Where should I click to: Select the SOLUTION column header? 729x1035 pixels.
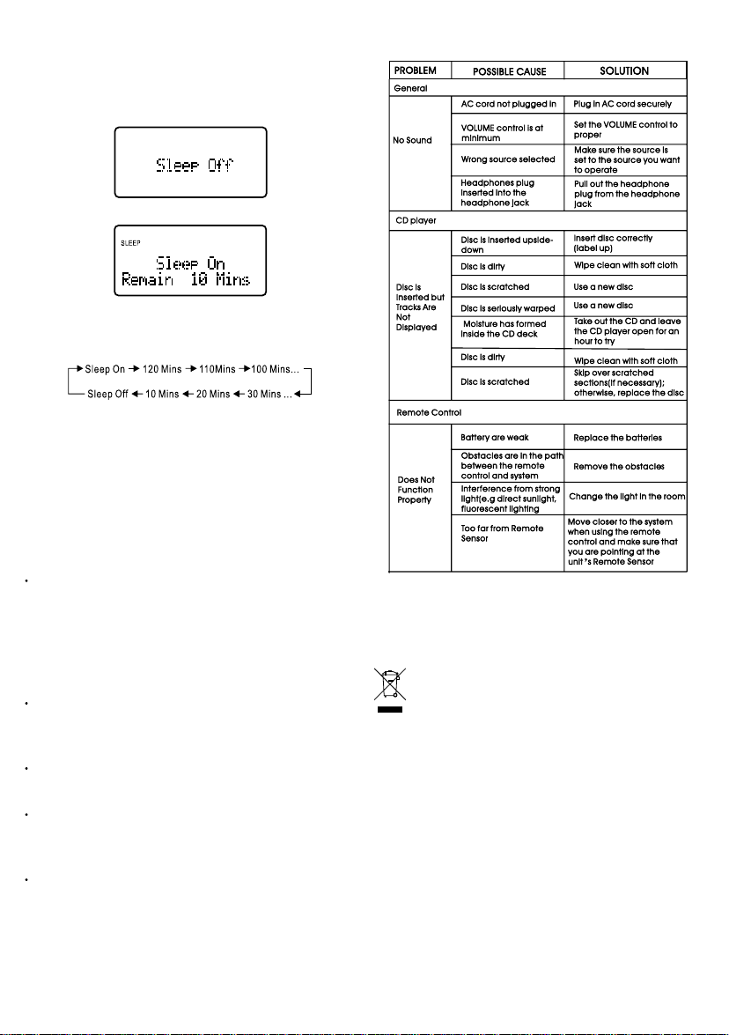[x=624, y=70]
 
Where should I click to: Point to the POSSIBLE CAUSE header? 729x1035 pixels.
[x=506, y=70]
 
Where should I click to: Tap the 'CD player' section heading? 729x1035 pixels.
[x=416, y=219]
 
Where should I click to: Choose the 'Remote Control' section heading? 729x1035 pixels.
[x=428, y=412]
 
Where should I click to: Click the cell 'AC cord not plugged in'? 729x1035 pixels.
[x=509, y=104]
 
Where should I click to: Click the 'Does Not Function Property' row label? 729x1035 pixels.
[x=416, y=490]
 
